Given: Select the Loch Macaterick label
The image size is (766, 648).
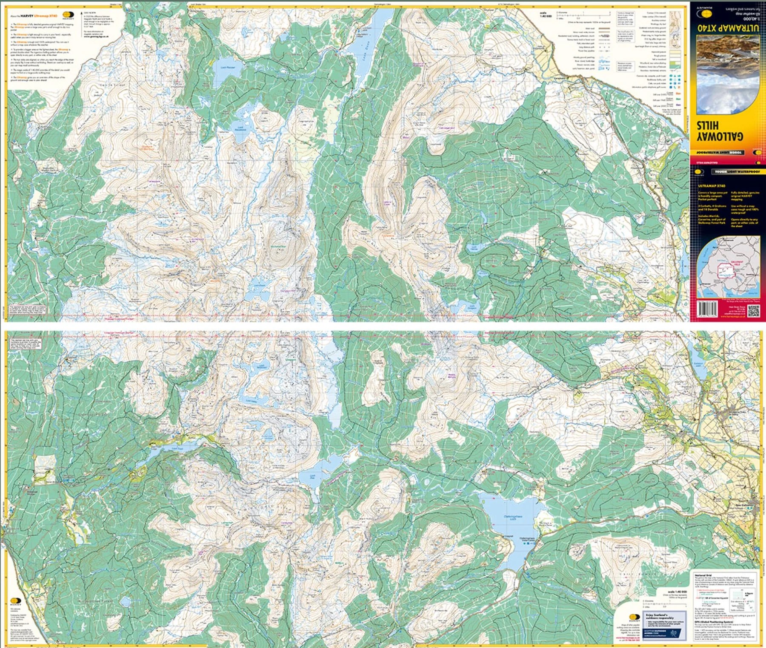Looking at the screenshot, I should [240, 128].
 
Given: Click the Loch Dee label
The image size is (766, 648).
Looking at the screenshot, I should [313, 477].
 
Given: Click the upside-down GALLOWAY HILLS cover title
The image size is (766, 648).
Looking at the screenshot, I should [719, 131].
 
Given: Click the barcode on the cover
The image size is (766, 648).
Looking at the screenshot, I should [707, 309].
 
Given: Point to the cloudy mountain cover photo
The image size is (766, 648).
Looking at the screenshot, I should [728, 74].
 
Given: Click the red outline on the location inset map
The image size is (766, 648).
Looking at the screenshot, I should [727, 270].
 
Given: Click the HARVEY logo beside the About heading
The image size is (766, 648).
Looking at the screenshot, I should [68, 15].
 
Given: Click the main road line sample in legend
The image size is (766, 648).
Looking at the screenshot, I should [604, 29].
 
